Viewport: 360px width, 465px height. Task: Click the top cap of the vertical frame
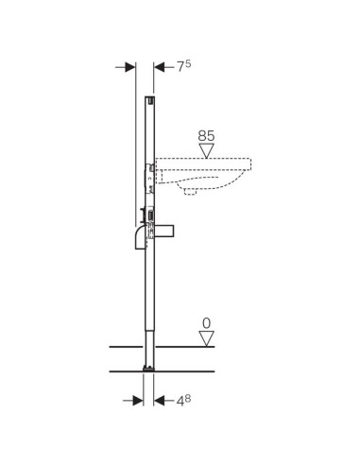[x=149, y=97]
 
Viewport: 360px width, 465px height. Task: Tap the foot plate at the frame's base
[x=148, y=366]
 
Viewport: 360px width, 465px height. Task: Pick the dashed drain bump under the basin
[x=194, y=191]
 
